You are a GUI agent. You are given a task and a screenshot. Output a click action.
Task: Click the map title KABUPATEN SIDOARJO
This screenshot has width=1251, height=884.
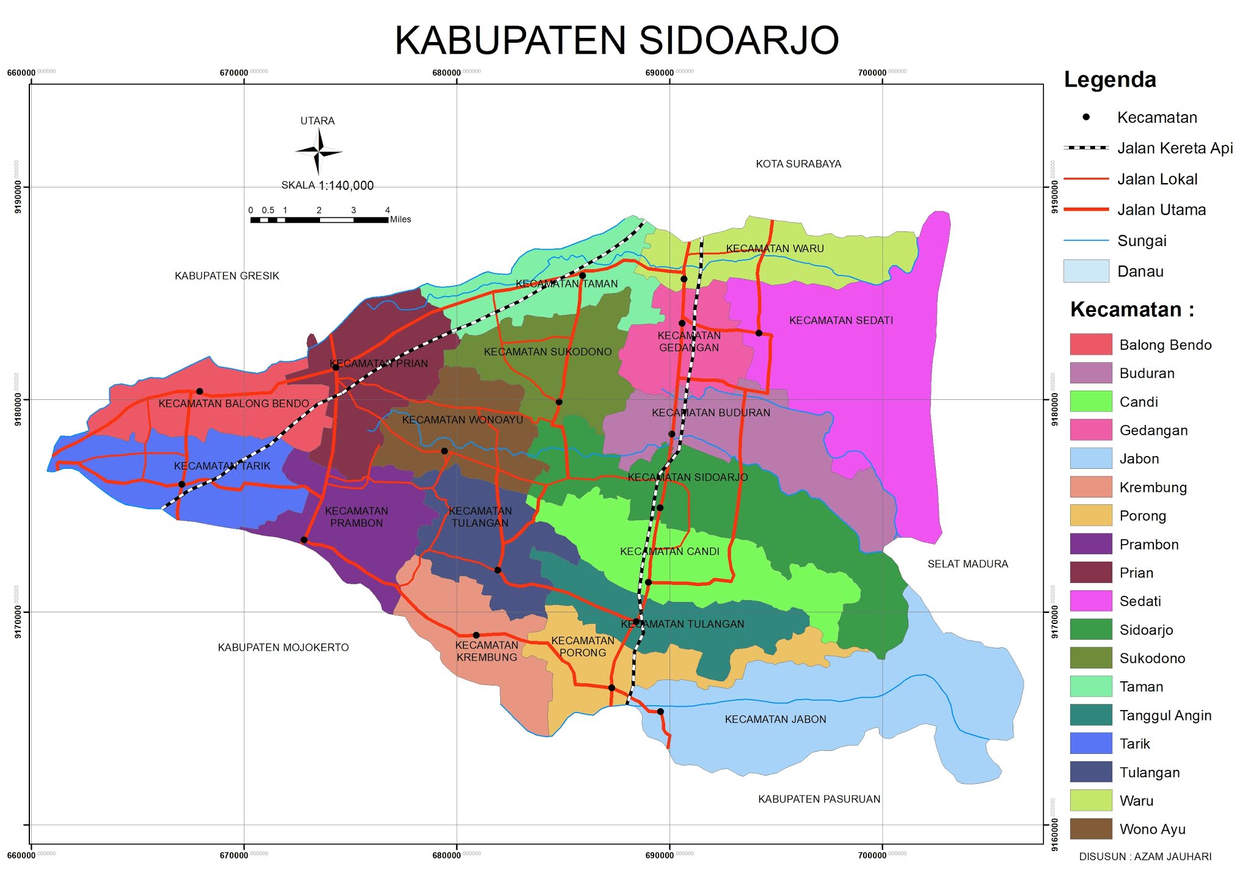tap(617, 41)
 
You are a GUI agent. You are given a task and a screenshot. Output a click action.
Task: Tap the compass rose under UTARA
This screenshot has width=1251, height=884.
tap(318, 151)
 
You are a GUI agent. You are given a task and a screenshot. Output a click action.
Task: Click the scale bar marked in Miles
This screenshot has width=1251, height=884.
tap(319, 219)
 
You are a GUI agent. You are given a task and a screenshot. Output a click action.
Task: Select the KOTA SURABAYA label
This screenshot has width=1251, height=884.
tap(798, 164)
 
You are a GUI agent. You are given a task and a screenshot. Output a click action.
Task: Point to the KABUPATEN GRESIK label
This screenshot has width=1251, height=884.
tap(227, 276)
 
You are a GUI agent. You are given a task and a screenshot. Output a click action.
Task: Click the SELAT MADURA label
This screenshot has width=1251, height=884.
tap(968, 564)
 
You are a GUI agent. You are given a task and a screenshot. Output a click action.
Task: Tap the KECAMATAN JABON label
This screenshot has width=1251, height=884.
tap(775, 719)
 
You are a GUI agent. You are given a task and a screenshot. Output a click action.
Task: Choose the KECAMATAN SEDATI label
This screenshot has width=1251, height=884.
tap(841, 321)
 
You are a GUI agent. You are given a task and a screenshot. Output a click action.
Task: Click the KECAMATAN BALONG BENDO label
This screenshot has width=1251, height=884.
tap(233, 404)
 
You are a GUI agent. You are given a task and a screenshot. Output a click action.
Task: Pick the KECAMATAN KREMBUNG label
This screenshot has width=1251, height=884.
tap(486, 651)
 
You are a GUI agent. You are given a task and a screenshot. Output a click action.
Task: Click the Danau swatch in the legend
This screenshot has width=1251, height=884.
tap(1085, 271)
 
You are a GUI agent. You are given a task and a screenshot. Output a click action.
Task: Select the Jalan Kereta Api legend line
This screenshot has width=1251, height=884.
tap(1085, 148)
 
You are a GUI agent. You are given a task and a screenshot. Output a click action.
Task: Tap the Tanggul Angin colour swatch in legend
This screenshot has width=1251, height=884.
tap(1090, 715)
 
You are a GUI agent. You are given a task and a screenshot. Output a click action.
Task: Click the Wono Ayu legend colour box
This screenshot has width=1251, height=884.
tap(1090, 829)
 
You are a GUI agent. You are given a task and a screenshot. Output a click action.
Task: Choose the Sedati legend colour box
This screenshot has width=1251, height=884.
tap(1090, 601)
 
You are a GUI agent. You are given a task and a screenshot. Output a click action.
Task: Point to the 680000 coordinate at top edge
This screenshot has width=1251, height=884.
tap(447, 73)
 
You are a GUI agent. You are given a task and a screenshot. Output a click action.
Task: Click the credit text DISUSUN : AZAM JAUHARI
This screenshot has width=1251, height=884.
tap(1145, 857)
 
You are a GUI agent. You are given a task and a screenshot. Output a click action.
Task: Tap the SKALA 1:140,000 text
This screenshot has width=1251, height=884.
tap(327, 186)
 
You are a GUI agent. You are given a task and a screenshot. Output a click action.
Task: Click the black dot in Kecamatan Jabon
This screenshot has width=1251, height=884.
tap(660, 712)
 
